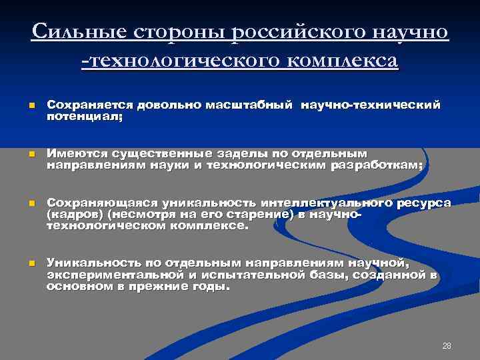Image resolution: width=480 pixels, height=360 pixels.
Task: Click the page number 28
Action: tap(447, 345)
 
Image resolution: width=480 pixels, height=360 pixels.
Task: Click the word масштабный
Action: tap(249, 105)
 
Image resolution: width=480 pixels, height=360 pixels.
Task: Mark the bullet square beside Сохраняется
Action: tap(31, 105)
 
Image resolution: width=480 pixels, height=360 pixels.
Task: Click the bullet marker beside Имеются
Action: tap(31, 153)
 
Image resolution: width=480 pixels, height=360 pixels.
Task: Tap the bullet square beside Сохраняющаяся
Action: tap(31, 202)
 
